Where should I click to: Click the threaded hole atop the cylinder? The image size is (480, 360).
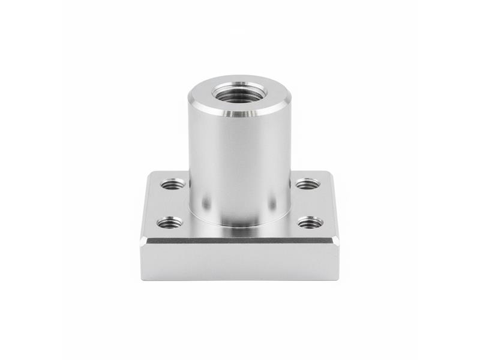tap(240, 94)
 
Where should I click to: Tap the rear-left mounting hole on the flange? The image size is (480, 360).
tap(173, 184)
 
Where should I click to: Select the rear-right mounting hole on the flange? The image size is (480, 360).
tap(307, 183)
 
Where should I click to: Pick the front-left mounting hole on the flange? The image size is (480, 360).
tap(170, 223)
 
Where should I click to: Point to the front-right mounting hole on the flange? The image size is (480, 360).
tap(310, 223)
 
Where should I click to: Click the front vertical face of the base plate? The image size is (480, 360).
tap(240, 262)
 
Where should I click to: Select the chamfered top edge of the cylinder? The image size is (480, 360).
tap(240, 113)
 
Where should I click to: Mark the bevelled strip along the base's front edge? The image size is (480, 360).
tap(240, 241)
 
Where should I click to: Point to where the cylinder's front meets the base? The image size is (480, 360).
tap(240, 226)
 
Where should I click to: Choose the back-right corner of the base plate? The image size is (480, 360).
tap(329, 173)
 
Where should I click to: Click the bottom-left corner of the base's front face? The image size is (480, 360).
tap(142, 279)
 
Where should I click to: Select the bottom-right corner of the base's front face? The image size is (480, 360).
tap(338, 279)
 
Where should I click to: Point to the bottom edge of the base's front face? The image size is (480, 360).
tap(240, 280)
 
